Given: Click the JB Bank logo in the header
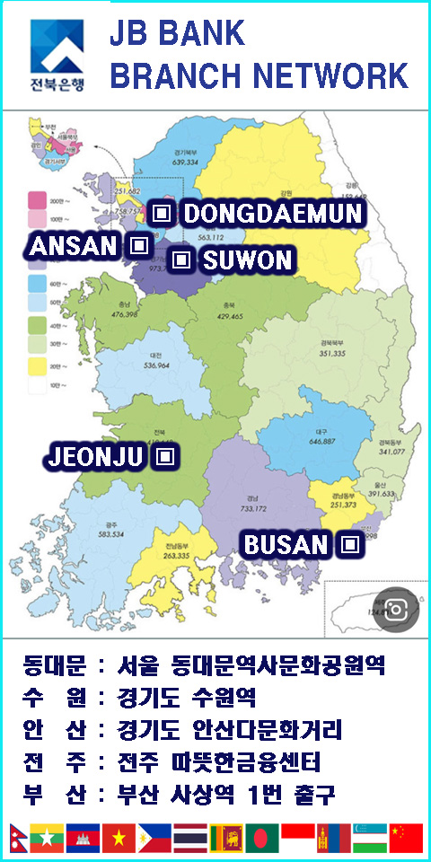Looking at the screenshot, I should pyautogui.click(x=57, y=56).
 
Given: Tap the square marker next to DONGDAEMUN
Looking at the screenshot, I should pyautogui.click(x=162, y=213).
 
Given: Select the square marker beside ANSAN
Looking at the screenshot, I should pyautogui.click(x=137, y=244).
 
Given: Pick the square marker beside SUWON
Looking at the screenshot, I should pyautogui.click(x=181, y=260).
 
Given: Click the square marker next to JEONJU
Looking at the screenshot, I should pyautogui.click(x=164, y=456).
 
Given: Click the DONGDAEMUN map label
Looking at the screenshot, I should pyautogui.click(x=273, y=214).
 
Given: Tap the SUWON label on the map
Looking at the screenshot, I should pyautogui.click(x=248, y=261).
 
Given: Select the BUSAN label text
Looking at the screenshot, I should pyautogui.click(x=286, y=544).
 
